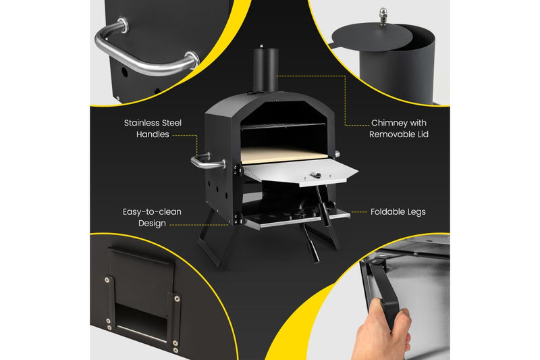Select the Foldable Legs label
pos(398,212)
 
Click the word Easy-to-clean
pos(152,212)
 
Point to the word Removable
pos(392,134)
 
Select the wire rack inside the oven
pos(282,126)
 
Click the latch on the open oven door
pos(315,175)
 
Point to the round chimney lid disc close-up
pos(372,36)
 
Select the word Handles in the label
pos(153,134)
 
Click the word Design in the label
pos(152,224)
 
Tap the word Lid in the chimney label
pos(423,134)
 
